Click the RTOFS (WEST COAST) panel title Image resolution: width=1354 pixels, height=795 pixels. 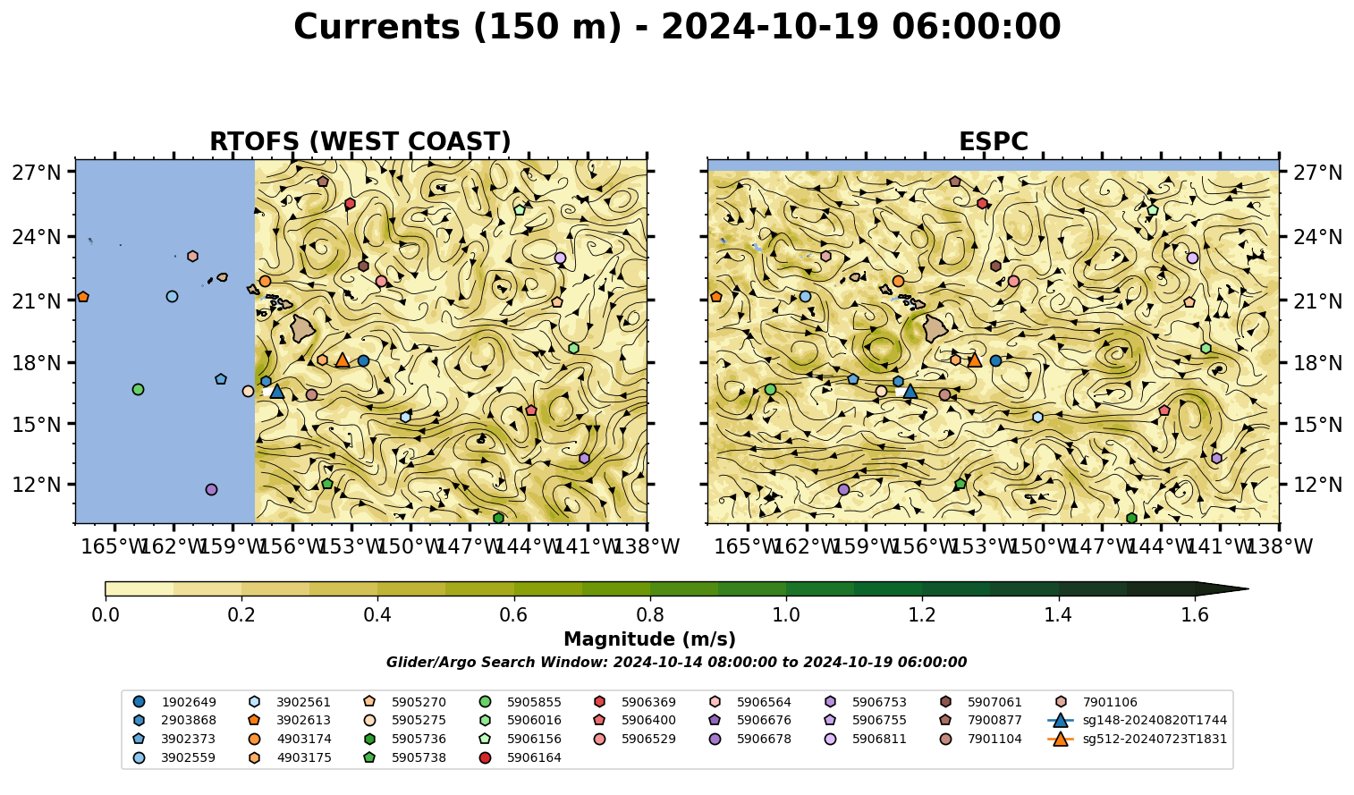360,141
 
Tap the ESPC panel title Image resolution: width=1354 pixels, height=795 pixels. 993,141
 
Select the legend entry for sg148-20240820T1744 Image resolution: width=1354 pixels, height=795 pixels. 1137,720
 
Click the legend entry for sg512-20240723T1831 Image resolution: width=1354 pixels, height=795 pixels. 1137,739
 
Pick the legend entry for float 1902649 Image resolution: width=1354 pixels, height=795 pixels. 174,702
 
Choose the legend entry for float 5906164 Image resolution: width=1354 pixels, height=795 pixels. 520,757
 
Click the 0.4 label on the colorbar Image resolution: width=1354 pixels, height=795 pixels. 377,615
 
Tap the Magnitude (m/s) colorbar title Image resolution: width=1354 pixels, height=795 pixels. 650,639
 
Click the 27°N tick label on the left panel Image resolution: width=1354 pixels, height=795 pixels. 37,173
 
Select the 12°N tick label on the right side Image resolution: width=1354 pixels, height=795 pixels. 1317,485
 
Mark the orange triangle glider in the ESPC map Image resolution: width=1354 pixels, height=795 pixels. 975,360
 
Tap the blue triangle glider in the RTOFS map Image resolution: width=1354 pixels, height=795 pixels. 277,391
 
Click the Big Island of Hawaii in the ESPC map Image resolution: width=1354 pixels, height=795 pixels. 935,328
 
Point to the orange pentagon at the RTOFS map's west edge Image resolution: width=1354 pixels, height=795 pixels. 83,297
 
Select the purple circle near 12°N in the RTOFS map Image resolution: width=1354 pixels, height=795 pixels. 211,490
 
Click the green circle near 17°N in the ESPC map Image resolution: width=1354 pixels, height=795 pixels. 770,389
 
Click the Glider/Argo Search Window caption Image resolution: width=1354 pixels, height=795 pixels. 676,663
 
